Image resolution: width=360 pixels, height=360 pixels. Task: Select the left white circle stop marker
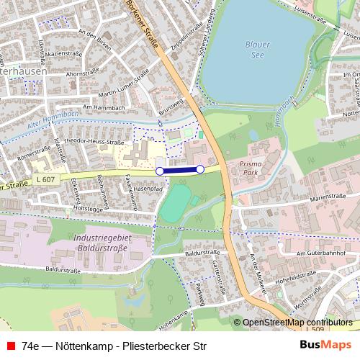(160, 171)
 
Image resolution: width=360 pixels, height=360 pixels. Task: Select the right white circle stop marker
(200, 168)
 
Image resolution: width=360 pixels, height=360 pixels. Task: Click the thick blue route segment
(180, 170)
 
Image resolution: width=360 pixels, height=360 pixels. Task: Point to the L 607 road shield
(43, 179)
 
